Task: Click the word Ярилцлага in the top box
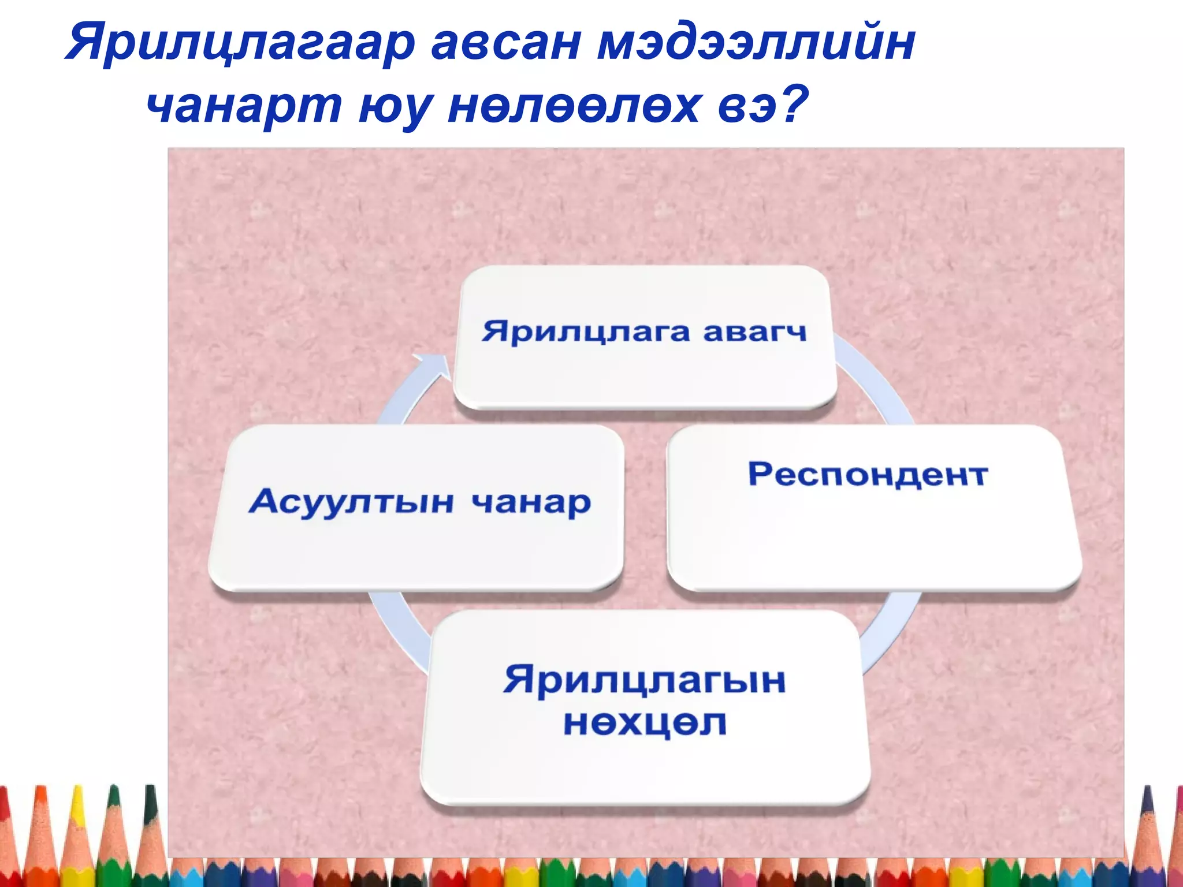(x=586, y=333)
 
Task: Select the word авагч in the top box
(x=754, y=333)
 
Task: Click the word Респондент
(x=868, y=475)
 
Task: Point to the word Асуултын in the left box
(x=351, y=501)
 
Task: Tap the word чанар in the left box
(x=531, y=502)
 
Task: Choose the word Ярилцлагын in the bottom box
(x=645, y=680)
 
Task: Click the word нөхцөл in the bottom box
(x=645, y=723)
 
